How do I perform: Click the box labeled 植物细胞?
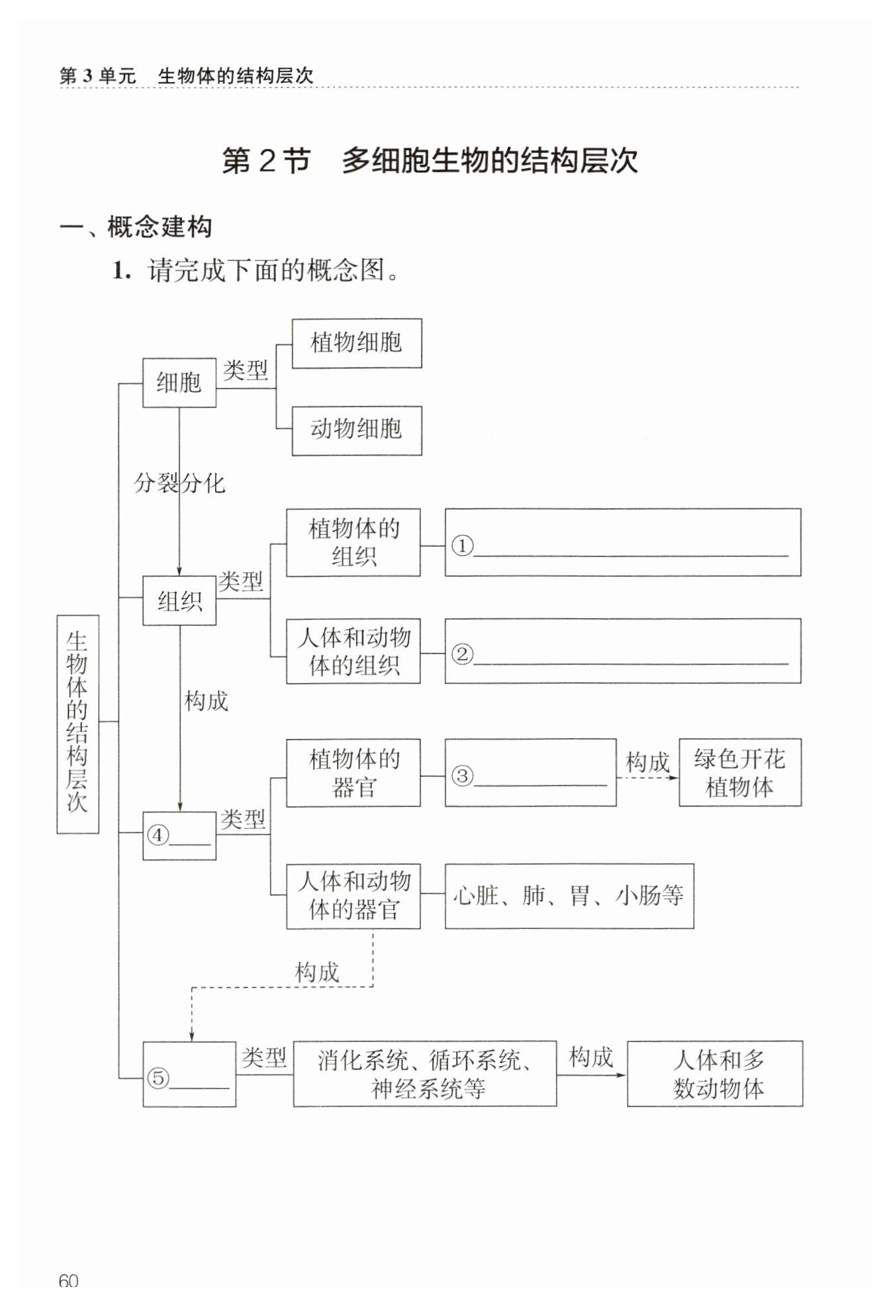pyautogui.click(x=357, y=343)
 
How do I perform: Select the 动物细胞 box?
pyautogui.click(x=357, y=430)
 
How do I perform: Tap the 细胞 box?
pyautogui.click(x=179, y=383)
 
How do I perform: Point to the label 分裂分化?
pyautogui.click(x=179, y=483)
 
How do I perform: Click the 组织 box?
pyautogui.click(x=179, y=601)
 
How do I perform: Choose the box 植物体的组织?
pyautogui.click(x=353, y=542)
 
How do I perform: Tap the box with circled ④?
pyautogui.click(x=179, y=836)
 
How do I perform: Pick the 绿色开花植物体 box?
pyautogui.click(x=739, y=773)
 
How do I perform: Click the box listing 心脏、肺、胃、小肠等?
pyautogui.click(x=569, y=896)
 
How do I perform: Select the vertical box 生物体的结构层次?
pyautogui.click(x=77, y=724)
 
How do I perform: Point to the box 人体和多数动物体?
pyautogui.click(x=715, y=1073)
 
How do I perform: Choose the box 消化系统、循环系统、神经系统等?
pyautogui.click(x=424, y=1073)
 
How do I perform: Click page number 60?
pyautogui.click(x=68, y=1281)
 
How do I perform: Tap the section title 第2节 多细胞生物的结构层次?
pyautogui.click(x=430, y=162)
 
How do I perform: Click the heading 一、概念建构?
pyautogui.click(x=136, y=227)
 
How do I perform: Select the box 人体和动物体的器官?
pyautogui.click(x=353, y=896)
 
